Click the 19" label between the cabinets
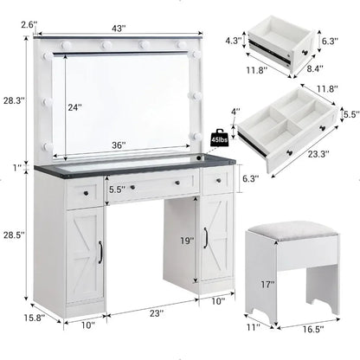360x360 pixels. pyautogui.click(x=185, y=241)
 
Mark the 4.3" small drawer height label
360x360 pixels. pyautogui.click(x=232, y=39)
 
